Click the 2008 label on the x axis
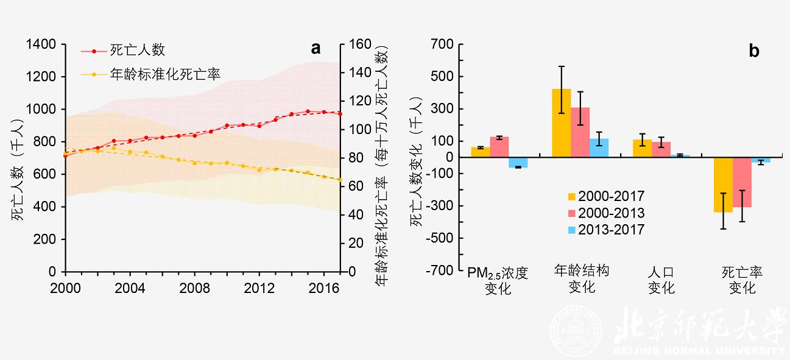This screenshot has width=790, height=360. click(194, 287)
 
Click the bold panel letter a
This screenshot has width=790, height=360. click(316, 49)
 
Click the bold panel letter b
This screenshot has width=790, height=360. click(754, 51)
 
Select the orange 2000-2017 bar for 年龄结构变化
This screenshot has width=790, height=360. click(561, 123)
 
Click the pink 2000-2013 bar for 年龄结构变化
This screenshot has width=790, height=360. click(580, 132)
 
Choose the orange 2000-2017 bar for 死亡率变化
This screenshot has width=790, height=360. click(723, 185)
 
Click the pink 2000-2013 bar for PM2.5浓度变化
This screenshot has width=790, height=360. click(499, 147)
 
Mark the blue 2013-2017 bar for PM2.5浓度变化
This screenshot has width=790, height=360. click(518, 162)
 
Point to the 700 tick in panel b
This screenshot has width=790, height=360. click(442, 44)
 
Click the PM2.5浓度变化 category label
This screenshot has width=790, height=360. click(498, 280)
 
